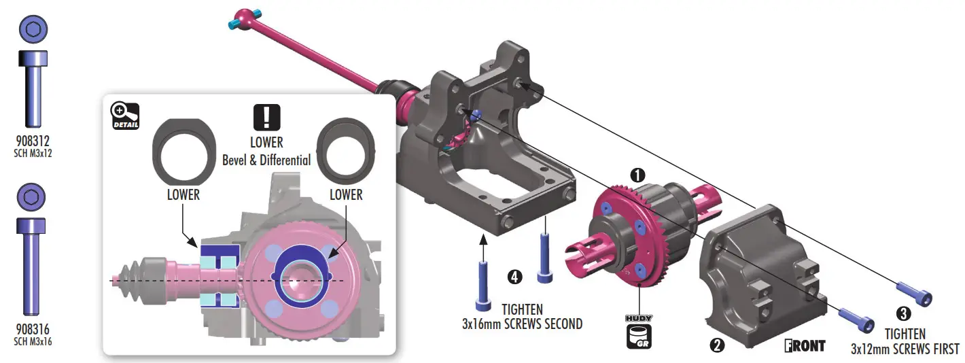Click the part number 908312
pyautogui.click(x=33, y=141)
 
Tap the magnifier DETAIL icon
pyautogui.click(x=125, y=116)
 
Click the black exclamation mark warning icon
pyautogui.click(x=266, y=118)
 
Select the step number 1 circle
pyautogui.click(x=637, y=175)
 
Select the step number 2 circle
pyautogui.click(x=716, y=345)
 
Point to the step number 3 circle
pyautogui.click(x=904, y=313)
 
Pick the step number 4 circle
pyautogui.click(x=515, y=277)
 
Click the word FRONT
pyautogui.click(x=805, y=345)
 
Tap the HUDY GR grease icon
pyautogui.click(x=639, y=331)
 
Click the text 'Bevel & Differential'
pyautogui.click(x=266, y=160)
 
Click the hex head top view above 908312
pyautogui.click(x=33, y=31)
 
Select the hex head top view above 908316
pyautogui.click(x=33, y=198)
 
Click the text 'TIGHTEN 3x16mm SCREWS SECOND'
pyautogui.click(x=522, y=317)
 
